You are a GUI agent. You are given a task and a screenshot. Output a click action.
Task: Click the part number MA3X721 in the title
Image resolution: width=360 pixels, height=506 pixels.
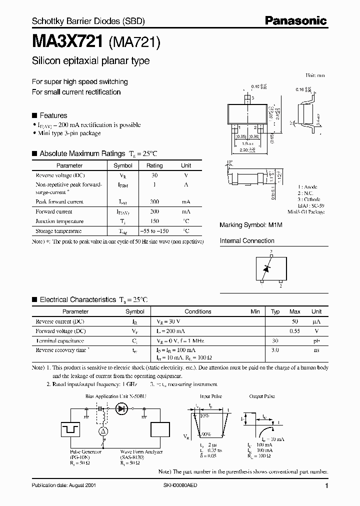tap(68, 42)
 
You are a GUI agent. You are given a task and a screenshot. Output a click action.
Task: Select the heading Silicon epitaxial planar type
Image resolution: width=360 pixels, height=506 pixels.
tap(90, 61)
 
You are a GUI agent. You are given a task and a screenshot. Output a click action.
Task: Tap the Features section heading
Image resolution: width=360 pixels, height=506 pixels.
tap(53, 115)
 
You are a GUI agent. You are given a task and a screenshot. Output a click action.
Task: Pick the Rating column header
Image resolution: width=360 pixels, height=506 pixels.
tap(154, 165)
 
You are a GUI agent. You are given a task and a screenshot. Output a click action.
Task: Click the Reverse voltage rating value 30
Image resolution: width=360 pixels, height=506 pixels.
tap(154, 175)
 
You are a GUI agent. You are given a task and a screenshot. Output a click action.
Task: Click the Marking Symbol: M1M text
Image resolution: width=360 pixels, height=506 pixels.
tap(250, 225)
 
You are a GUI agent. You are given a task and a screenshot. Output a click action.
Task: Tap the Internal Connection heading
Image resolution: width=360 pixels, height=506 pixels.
tap(247, 240)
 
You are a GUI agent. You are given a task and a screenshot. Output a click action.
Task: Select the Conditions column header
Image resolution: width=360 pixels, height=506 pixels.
tap(198, 311)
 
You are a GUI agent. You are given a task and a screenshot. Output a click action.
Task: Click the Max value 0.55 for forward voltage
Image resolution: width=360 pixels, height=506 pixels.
tap(295, 331)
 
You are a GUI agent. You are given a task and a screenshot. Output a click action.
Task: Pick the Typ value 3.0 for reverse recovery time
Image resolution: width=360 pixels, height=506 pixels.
tap(275, 350)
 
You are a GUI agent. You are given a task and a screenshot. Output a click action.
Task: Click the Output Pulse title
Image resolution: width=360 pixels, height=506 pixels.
tap(262, 396)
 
